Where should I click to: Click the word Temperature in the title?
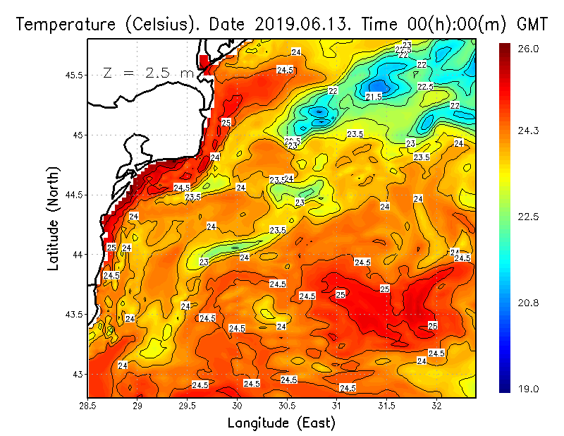click(x=61, y=24)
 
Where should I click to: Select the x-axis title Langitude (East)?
click(x=281, y=423)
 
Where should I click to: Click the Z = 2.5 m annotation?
click(x=147, y=73)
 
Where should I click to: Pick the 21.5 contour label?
click(x=374, y=96)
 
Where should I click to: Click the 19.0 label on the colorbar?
click(x=528, y=389)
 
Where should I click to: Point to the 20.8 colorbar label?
click(x=528, y=303)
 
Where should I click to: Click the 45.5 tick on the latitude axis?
click(x=74, y=75)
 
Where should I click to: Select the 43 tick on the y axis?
click(x=79, y=373)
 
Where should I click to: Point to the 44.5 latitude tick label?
click(x=74, y=194)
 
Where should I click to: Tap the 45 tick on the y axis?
click(x=79, y=135)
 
